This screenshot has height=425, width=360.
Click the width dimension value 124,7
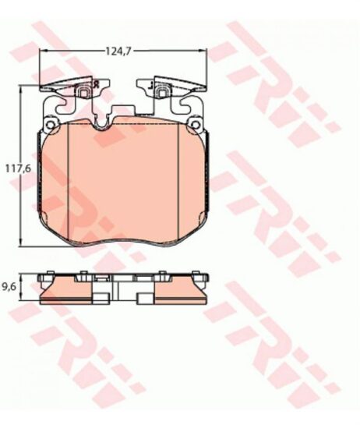point(118,51)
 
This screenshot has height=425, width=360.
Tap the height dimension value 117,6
point(19,168)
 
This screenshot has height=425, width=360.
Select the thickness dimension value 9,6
point(9,287)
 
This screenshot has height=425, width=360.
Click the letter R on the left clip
point(95,83)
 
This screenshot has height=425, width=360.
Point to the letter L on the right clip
point(152,83)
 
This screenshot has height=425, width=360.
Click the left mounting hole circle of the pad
point(50,125)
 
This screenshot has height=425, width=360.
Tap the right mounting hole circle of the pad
point(195,125)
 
